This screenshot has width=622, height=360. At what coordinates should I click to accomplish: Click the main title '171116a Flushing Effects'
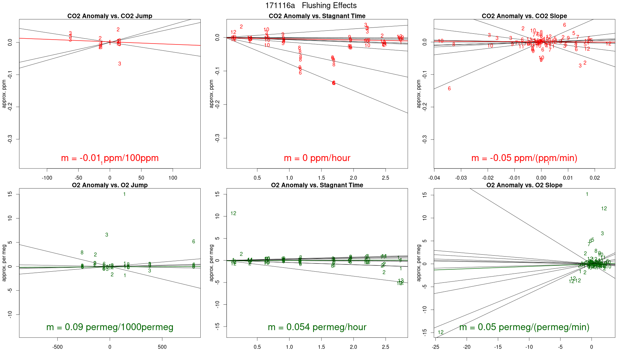coord(311,6)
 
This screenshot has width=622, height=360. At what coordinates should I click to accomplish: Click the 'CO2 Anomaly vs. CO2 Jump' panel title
coord(110,16)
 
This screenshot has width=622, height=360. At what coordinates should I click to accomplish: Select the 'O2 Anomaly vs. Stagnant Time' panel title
coord(317,185)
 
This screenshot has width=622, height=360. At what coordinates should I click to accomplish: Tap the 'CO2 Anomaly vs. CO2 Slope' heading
coord(524,16)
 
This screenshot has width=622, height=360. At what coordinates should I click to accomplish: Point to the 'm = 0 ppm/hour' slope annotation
coord(317,158)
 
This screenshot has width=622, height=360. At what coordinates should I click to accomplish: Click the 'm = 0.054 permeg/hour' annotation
coord(317,327)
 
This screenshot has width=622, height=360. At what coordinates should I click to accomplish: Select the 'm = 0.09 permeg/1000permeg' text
coord(110,327)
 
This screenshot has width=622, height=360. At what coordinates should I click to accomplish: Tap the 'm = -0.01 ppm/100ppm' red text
coord(110,158)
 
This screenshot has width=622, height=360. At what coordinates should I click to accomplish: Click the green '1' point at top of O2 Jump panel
coord(124,194)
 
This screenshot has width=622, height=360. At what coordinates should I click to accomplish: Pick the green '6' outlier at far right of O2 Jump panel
coord(193,242)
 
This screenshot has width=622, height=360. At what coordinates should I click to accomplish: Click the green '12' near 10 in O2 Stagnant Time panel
coord(233,213)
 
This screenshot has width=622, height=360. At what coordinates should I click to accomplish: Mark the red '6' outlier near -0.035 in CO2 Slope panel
coord(449,89)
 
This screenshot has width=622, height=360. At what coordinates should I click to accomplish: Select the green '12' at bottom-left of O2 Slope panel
coord(441,333)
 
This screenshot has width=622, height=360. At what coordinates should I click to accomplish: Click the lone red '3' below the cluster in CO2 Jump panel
coord(119,64)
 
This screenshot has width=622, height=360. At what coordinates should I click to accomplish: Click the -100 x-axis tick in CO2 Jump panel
coord(47,178)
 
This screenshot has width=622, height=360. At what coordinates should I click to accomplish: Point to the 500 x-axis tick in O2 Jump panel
coord(162,347)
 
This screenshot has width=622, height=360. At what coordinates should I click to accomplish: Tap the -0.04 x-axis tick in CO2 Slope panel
coord(434,178)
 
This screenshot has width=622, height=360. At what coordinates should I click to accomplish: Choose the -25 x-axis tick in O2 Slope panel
coord(435,347)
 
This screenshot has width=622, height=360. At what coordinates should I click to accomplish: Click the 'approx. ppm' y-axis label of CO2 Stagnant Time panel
coord(211,94)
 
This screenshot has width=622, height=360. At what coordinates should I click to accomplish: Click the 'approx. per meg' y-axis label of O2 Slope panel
coord(419,263)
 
